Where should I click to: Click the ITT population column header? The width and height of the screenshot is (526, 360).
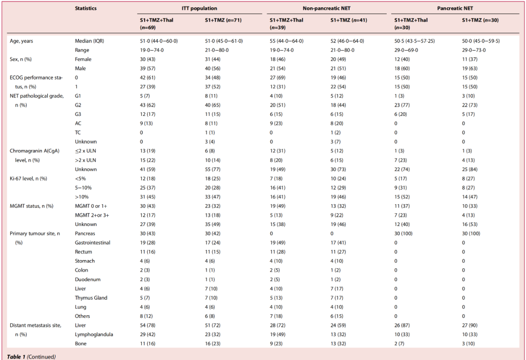point(200,8)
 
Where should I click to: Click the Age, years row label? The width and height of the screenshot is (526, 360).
point(21,41)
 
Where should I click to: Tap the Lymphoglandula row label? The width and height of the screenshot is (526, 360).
point(94,334)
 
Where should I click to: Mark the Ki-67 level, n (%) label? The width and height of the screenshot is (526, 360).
point(28,178)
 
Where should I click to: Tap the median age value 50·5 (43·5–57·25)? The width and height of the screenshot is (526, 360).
point(415,41)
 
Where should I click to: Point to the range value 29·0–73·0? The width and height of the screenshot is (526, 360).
point(474,50)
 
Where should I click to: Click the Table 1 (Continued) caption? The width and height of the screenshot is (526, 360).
point(31,357)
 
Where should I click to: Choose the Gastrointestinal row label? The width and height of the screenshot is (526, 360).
point(93,243)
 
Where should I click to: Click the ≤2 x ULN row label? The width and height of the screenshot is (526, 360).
point(86,151)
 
